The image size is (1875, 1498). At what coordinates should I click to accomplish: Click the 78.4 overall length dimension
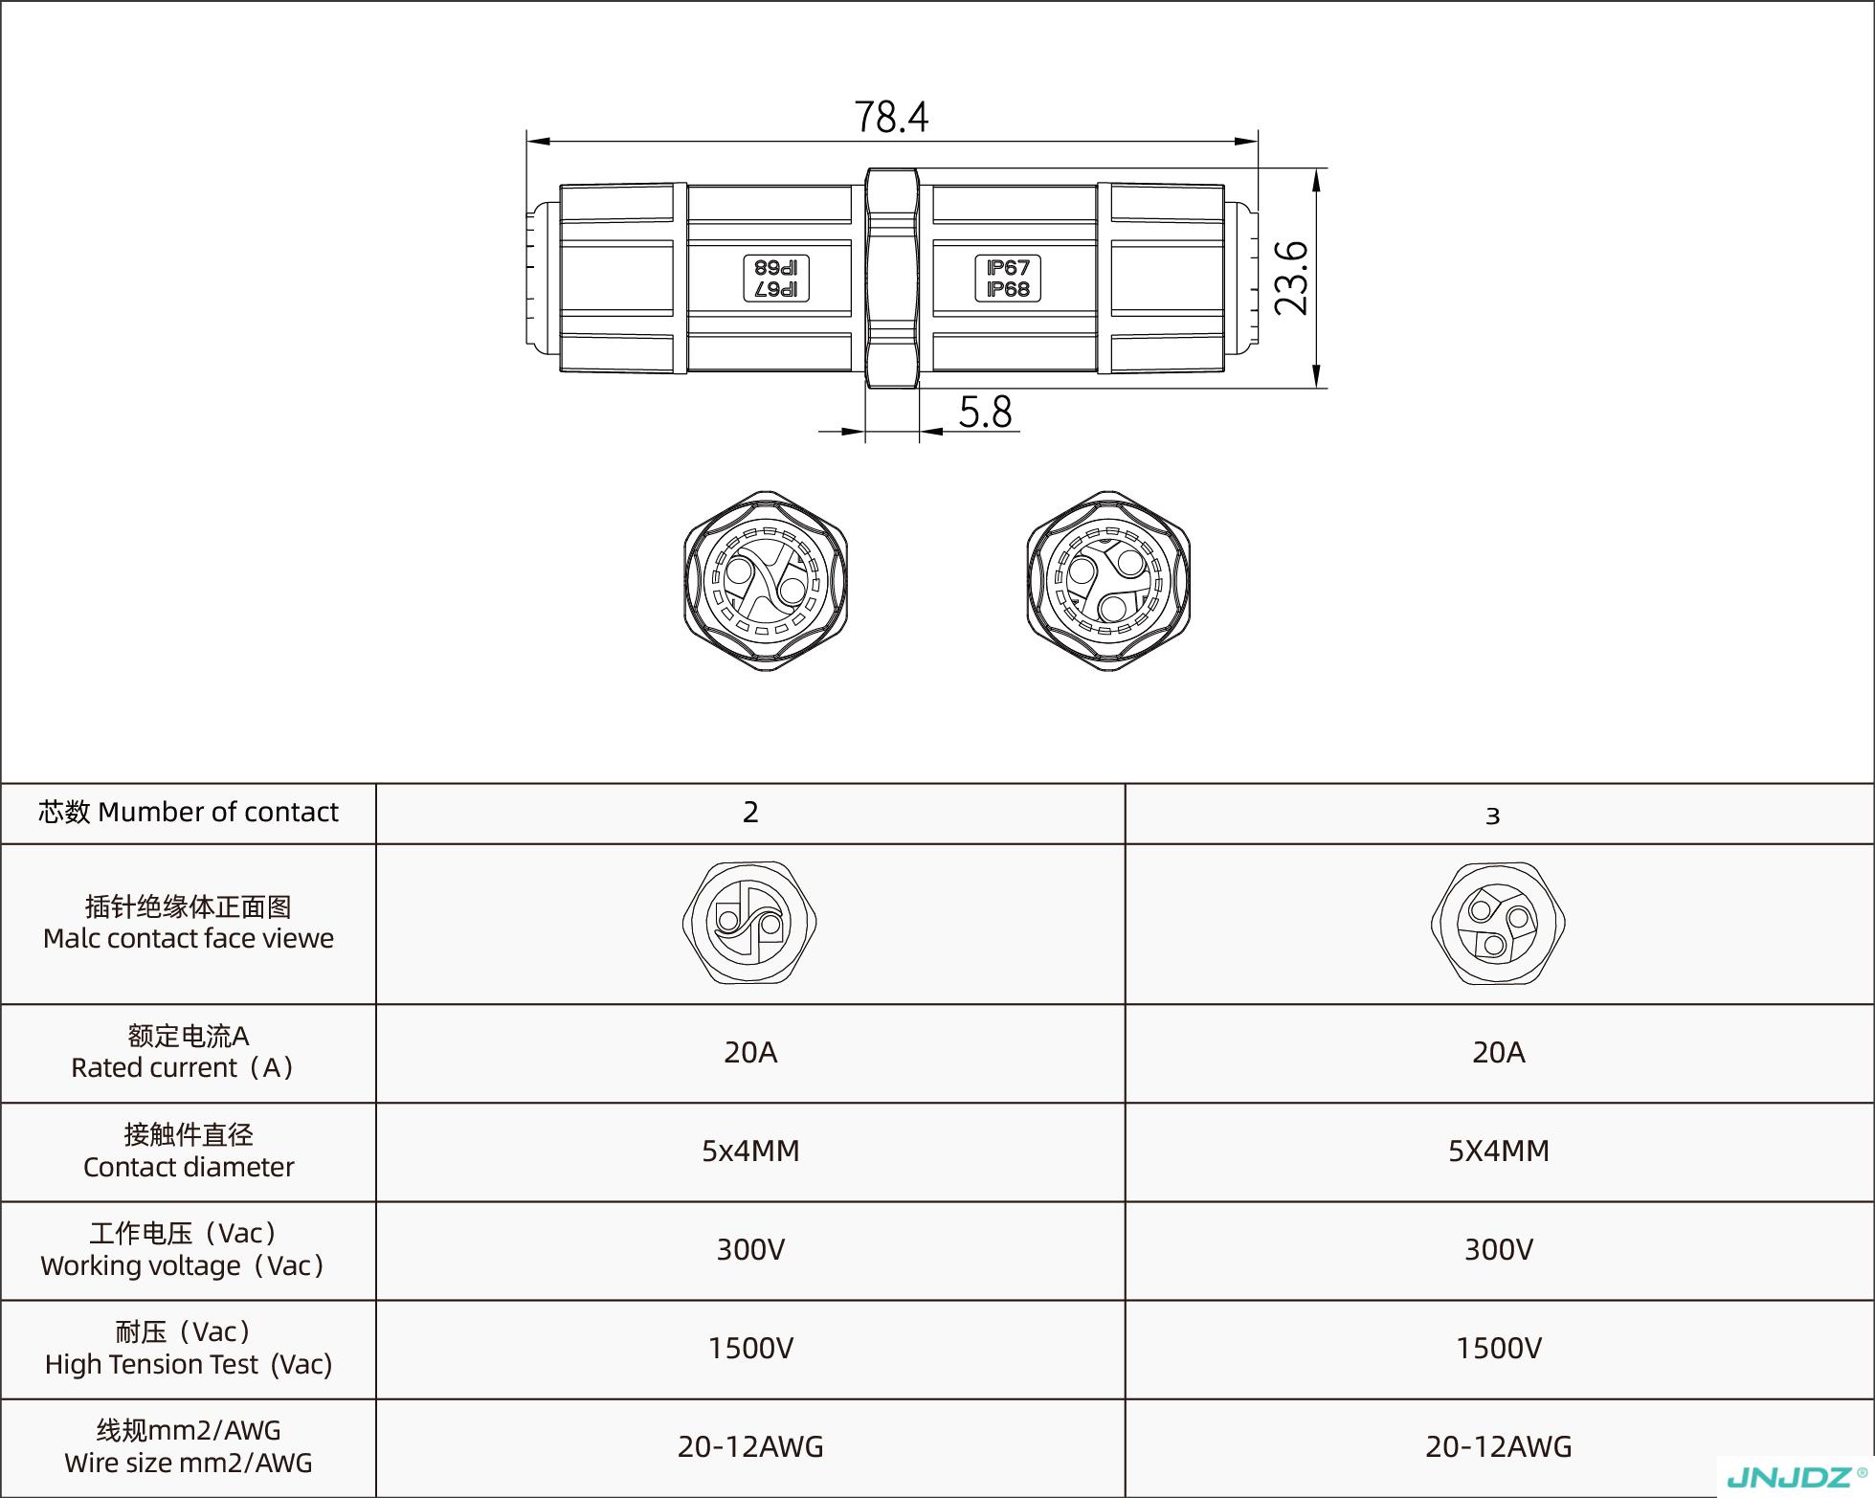pos(891,117)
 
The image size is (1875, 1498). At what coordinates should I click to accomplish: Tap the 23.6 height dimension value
pos(1291,278)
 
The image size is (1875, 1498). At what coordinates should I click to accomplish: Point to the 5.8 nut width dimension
pos(985,412)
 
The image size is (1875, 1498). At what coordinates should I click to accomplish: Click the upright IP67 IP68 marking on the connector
pos(1008,279)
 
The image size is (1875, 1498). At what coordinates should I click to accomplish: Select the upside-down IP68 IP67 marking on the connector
pos(776,279)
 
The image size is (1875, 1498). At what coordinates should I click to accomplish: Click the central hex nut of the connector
pos(892,278)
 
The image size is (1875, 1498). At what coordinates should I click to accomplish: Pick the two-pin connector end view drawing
pos(766,581)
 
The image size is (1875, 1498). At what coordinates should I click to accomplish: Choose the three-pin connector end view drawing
pos(1108,581)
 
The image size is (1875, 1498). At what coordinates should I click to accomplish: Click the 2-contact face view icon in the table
pos(749,923)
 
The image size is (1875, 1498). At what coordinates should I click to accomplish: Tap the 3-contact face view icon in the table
pos(1498,923)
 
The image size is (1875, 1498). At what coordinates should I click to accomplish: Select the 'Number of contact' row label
pos(189,813)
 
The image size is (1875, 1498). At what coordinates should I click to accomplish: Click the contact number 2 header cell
pos(750,813)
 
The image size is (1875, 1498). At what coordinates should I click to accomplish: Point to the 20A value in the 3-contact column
pos(1499,1053)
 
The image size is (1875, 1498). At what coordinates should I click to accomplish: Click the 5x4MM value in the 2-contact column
pos(750,1151)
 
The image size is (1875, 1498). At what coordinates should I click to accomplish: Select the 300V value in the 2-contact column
pos(750,1250)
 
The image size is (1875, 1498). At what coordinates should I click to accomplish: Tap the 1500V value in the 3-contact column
pos(1499,1349)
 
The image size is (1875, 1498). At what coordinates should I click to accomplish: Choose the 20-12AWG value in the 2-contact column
pos(750,1447)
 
